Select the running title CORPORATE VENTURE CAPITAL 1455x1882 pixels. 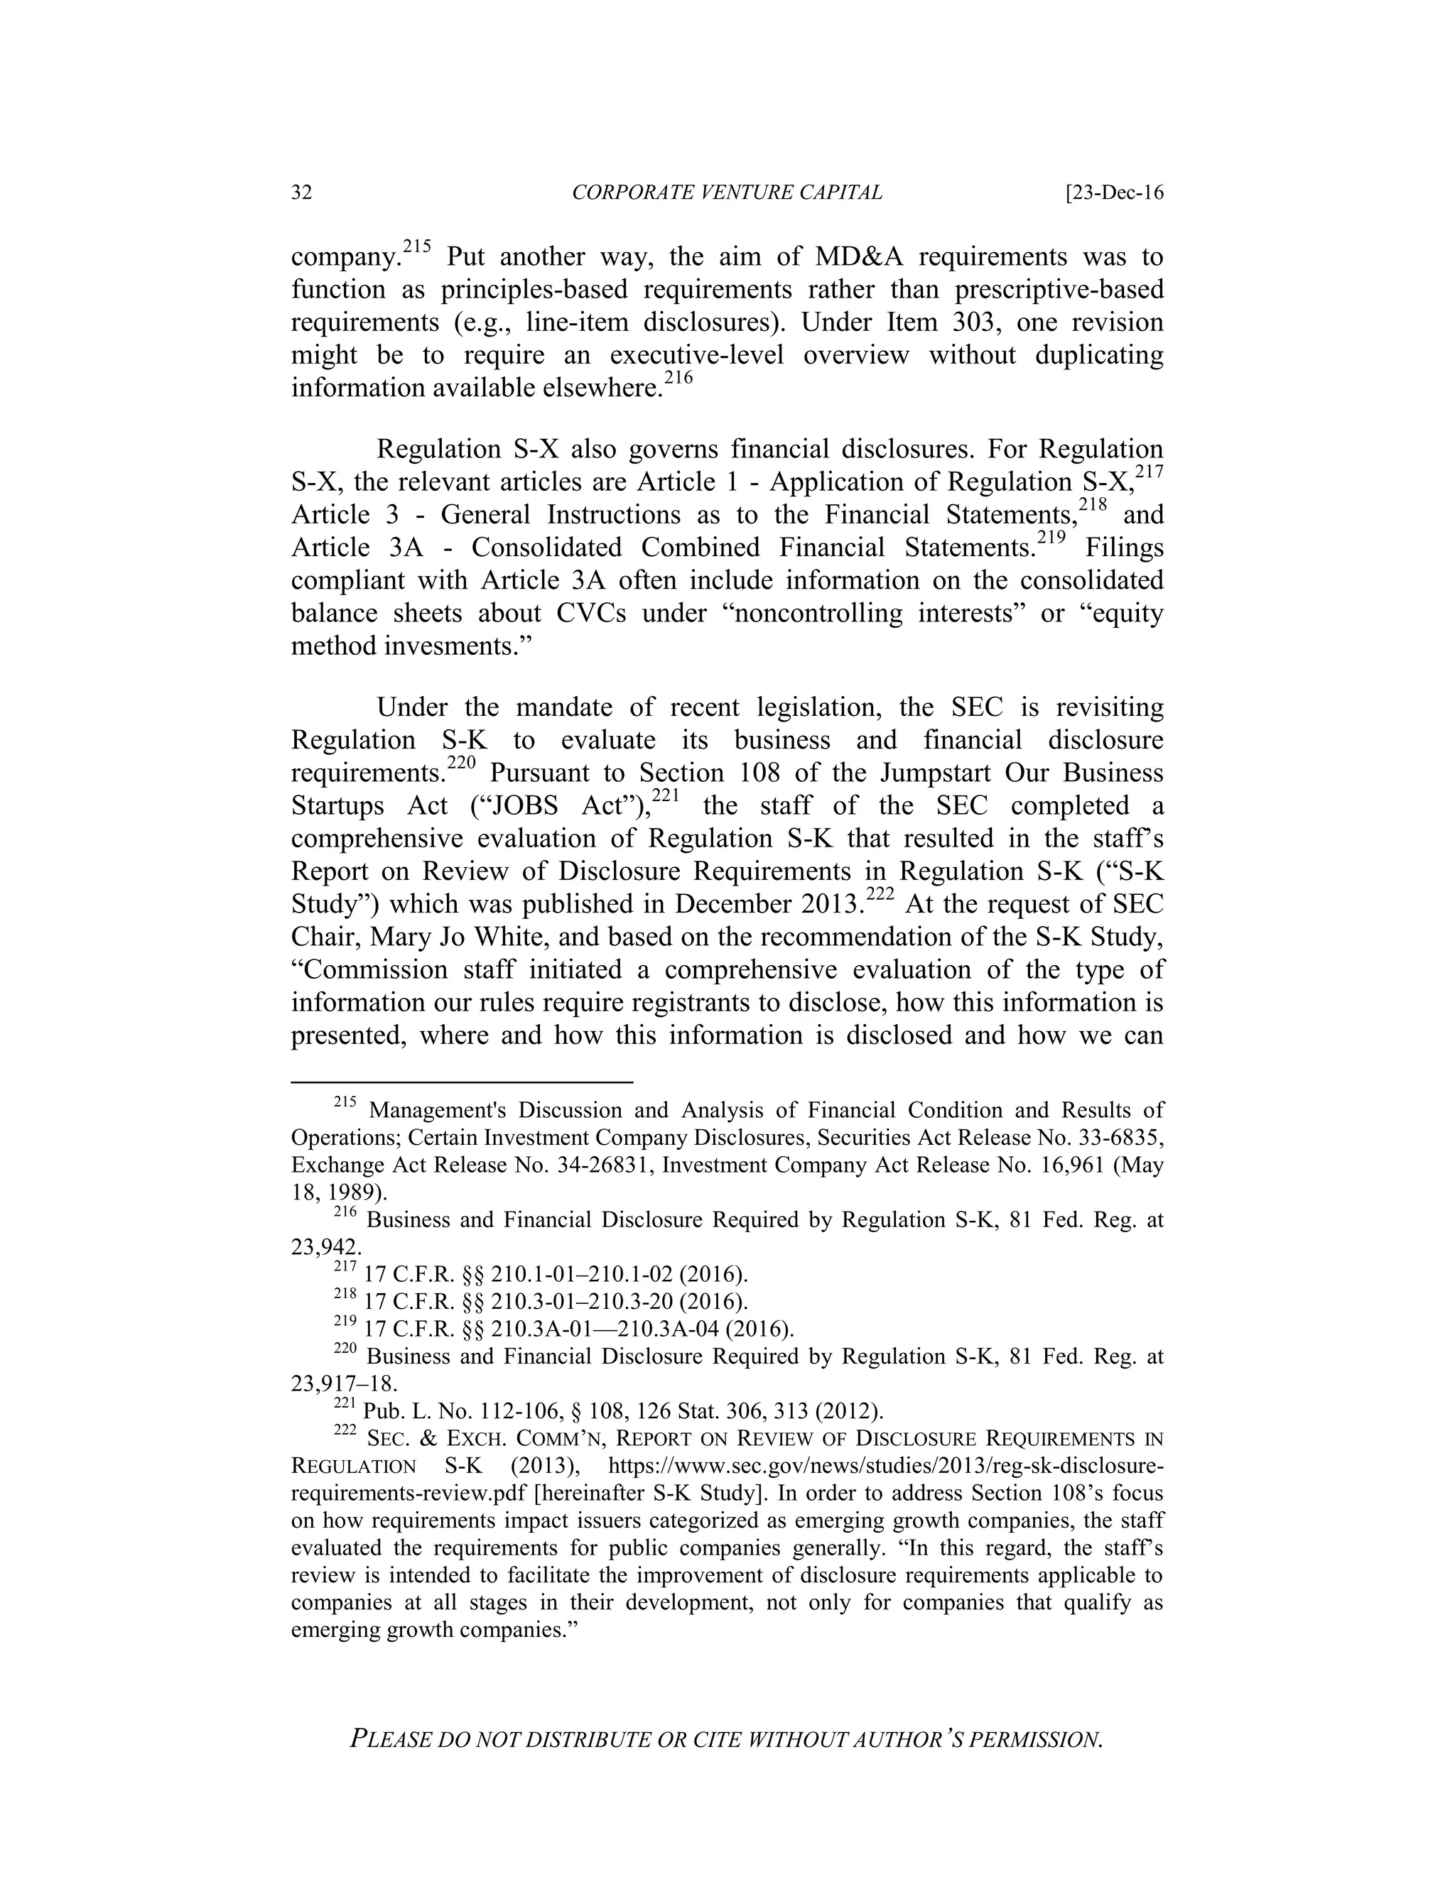[x=727, y=192]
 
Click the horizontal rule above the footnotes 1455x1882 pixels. [x=462, y=1081]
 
